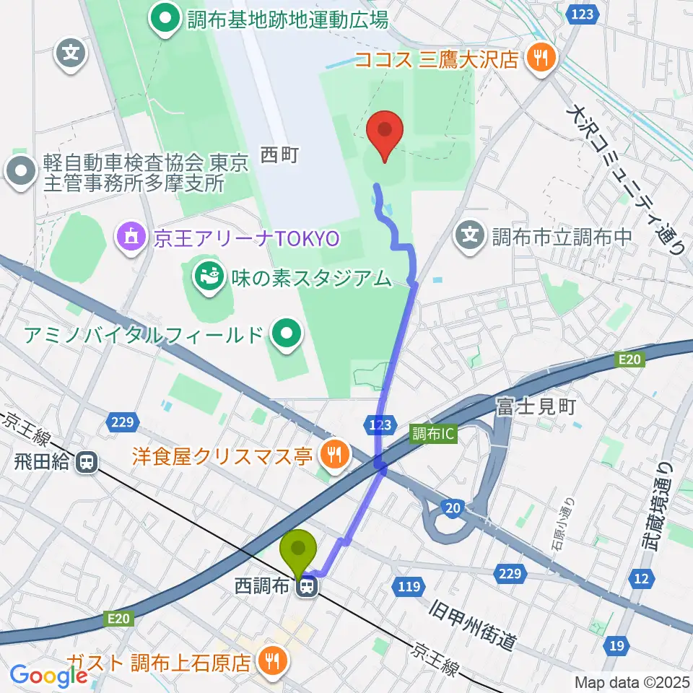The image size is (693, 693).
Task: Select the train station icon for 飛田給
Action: click(87, 462)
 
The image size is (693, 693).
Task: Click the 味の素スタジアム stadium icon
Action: click(209, 277)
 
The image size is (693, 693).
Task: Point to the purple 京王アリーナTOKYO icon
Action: click(131, 237)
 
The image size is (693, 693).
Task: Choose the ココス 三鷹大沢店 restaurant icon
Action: click(539, 58)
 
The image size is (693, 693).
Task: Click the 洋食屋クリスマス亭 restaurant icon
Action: click(333, 455)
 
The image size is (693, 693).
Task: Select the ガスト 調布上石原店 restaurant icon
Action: click(272, 660)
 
